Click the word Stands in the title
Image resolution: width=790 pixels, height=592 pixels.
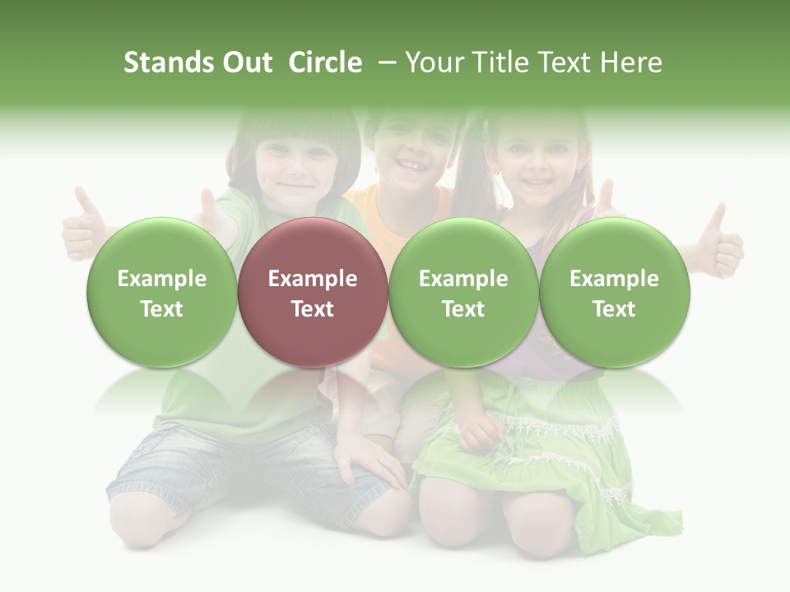point(164,62)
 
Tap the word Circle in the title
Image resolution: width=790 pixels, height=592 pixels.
point(325,62)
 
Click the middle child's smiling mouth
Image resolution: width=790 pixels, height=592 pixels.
point(409,164)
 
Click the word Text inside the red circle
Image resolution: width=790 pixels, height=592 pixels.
point(312,309)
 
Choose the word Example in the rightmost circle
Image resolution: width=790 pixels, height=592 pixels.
point(614,279)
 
